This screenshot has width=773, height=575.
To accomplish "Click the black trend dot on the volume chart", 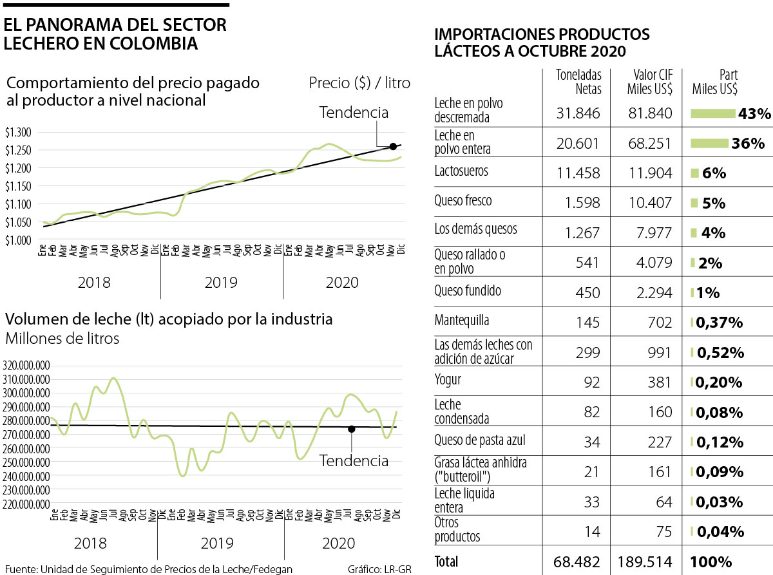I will (x=351, y=429).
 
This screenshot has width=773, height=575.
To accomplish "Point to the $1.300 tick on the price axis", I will (x=17, y=133).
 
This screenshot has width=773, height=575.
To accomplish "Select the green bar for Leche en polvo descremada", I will (x=713, y=114).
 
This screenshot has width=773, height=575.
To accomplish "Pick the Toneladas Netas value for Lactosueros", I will (x=578, y=173).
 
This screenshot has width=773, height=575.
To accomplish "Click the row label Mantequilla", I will (x=462, y=320).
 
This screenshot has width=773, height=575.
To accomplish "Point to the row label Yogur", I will (x=448, y=380).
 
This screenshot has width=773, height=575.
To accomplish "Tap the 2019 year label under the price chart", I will (x=221, y=283).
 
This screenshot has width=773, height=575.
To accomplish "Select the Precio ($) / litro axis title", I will (x=359, y=83).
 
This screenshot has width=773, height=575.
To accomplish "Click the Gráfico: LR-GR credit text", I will (x=379, y=569).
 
